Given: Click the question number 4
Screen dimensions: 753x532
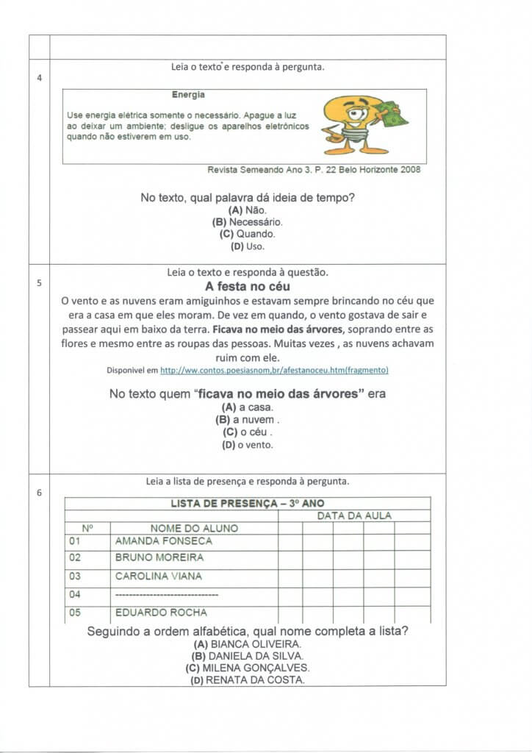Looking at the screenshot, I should (38, 77).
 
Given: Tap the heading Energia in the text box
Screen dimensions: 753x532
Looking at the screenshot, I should (188, 95).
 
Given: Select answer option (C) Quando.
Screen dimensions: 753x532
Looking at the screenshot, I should (247, 234).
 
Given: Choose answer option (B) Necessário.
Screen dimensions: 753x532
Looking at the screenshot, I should (247, 221).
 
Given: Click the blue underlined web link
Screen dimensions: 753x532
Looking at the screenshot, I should (274, 370).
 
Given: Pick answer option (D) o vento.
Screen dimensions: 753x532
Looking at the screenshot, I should (247, 445).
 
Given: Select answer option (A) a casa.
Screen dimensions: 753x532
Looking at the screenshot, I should (247, 407).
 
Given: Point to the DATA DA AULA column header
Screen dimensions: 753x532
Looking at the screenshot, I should (354, 515).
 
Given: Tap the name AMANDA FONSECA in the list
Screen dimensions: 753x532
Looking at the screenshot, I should (163, 541).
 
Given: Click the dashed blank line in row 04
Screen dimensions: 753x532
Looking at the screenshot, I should (167, 594).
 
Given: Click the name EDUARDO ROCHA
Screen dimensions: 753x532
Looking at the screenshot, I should (161, 613).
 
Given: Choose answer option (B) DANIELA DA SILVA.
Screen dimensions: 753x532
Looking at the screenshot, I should (247, 656).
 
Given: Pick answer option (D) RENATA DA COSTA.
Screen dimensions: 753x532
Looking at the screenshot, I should (247, 680).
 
